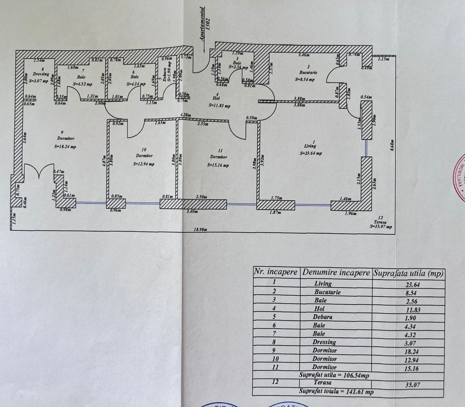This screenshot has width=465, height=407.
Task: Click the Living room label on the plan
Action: click(311, 146)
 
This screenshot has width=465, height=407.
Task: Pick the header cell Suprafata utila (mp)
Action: click(408, 273)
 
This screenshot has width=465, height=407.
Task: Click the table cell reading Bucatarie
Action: click(328, 292)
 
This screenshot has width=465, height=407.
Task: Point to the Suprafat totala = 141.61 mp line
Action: click(336, 392)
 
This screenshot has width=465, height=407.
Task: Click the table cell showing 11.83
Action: click(411, 310)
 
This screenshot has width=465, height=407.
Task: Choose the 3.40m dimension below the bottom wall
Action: click(193, 212)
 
